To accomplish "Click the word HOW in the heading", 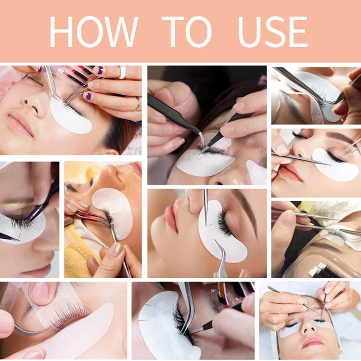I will click(x=93, y=32).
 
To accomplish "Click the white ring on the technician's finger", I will click(x=123, y=72).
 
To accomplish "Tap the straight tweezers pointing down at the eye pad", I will click(x=206, y=207).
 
